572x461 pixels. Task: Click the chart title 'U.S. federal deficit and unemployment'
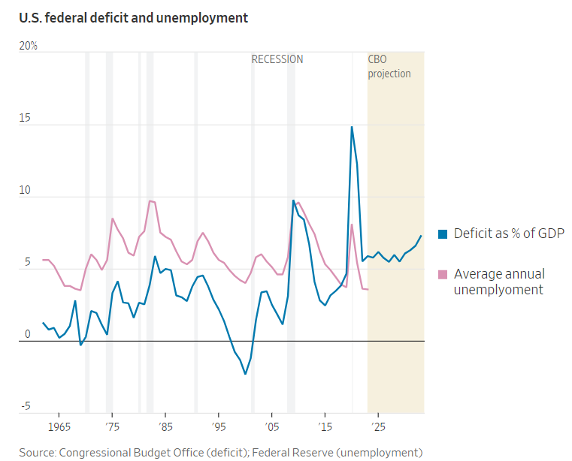click(x=134, y=17)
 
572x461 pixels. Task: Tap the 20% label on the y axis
click(x=28, y=46)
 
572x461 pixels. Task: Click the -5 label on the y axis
click(x=26, y=407)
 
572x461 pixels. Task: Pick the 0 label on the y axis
click(x=27, y=335)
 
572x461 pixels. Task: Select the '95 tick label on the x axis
click(x=218, y=427)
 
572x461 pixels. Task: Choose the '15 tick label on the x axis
click(x=324, y=427)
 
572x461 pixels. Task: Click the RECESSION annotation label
click(x=277, y=59)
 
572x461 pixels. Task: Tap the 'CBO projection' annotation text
click(x=389, y=66)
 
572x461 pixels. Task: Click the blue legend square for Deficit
click(x=443, y=234)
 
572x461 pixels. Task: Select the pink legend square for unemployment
click(x=443, y=274)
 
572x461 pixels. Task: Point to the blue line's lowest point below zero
click(x=245, y=374)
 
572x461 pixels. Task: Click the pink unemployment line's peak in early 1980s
click(x=150, y=200)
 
